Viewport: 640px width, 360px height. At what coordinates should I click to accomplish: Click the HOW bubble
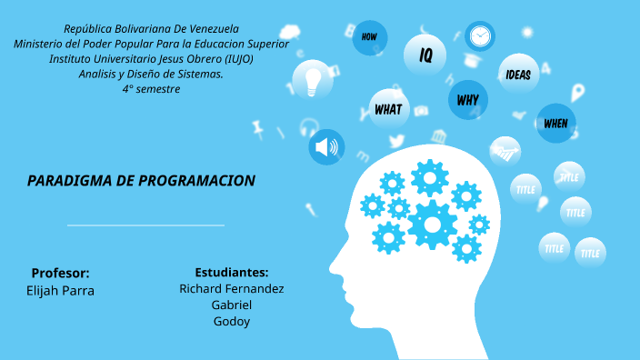click(x=369, y=37)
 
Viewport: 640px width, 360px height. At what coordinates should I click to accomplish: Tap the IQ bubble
click(x=425, y=55)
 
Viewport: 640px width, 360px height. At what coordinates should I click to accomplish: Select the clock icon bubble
click(x=480, y=36)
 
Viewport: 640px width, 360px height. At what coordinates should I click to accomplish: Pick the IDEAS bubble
click(x=518, y=75)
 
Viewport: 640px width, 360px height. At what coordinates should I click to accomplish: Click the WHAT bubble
click(x=388, y=109)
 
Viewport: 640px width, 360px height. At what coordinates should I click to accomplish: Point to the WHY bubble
click(x=468, y=99)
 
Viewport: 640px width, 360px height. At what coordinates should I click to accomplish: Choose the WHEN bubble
click(x=555, y=123)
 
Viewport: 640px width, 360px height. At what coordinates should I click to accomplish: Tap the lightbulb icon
click(x=315, y=80)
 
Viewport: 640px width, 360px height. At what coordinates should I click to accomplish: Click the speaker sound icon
click(x=326, y=146)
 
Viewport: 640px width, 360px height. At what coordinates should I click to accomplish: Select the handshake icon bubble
click(x=505, y=151)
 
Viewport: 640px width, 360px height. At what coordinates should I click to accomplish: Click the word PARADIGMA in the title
click(x=69, y=181)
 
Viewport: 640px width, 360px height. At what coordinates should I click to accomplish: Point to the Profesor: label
click(x=60, y=273)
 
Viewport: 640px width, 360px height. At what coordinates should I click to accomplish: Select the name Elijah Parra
click(x=61, y=291)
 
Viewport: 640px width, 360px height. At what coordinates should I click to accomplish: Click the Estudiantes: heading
click(x=231, y=272)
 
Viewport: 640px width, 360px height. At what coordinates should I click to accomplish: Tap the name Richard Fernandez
click(x=232, y=288)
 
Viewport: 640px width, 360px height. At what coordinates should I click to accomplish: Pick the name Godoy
click(x=232, y=321)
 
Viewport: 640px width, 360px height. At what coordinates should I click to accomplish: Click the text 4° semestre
click(x=151, y=89)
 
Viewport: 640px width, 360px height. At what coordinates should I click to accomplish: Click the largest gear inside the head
click(x=432, y=223)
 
